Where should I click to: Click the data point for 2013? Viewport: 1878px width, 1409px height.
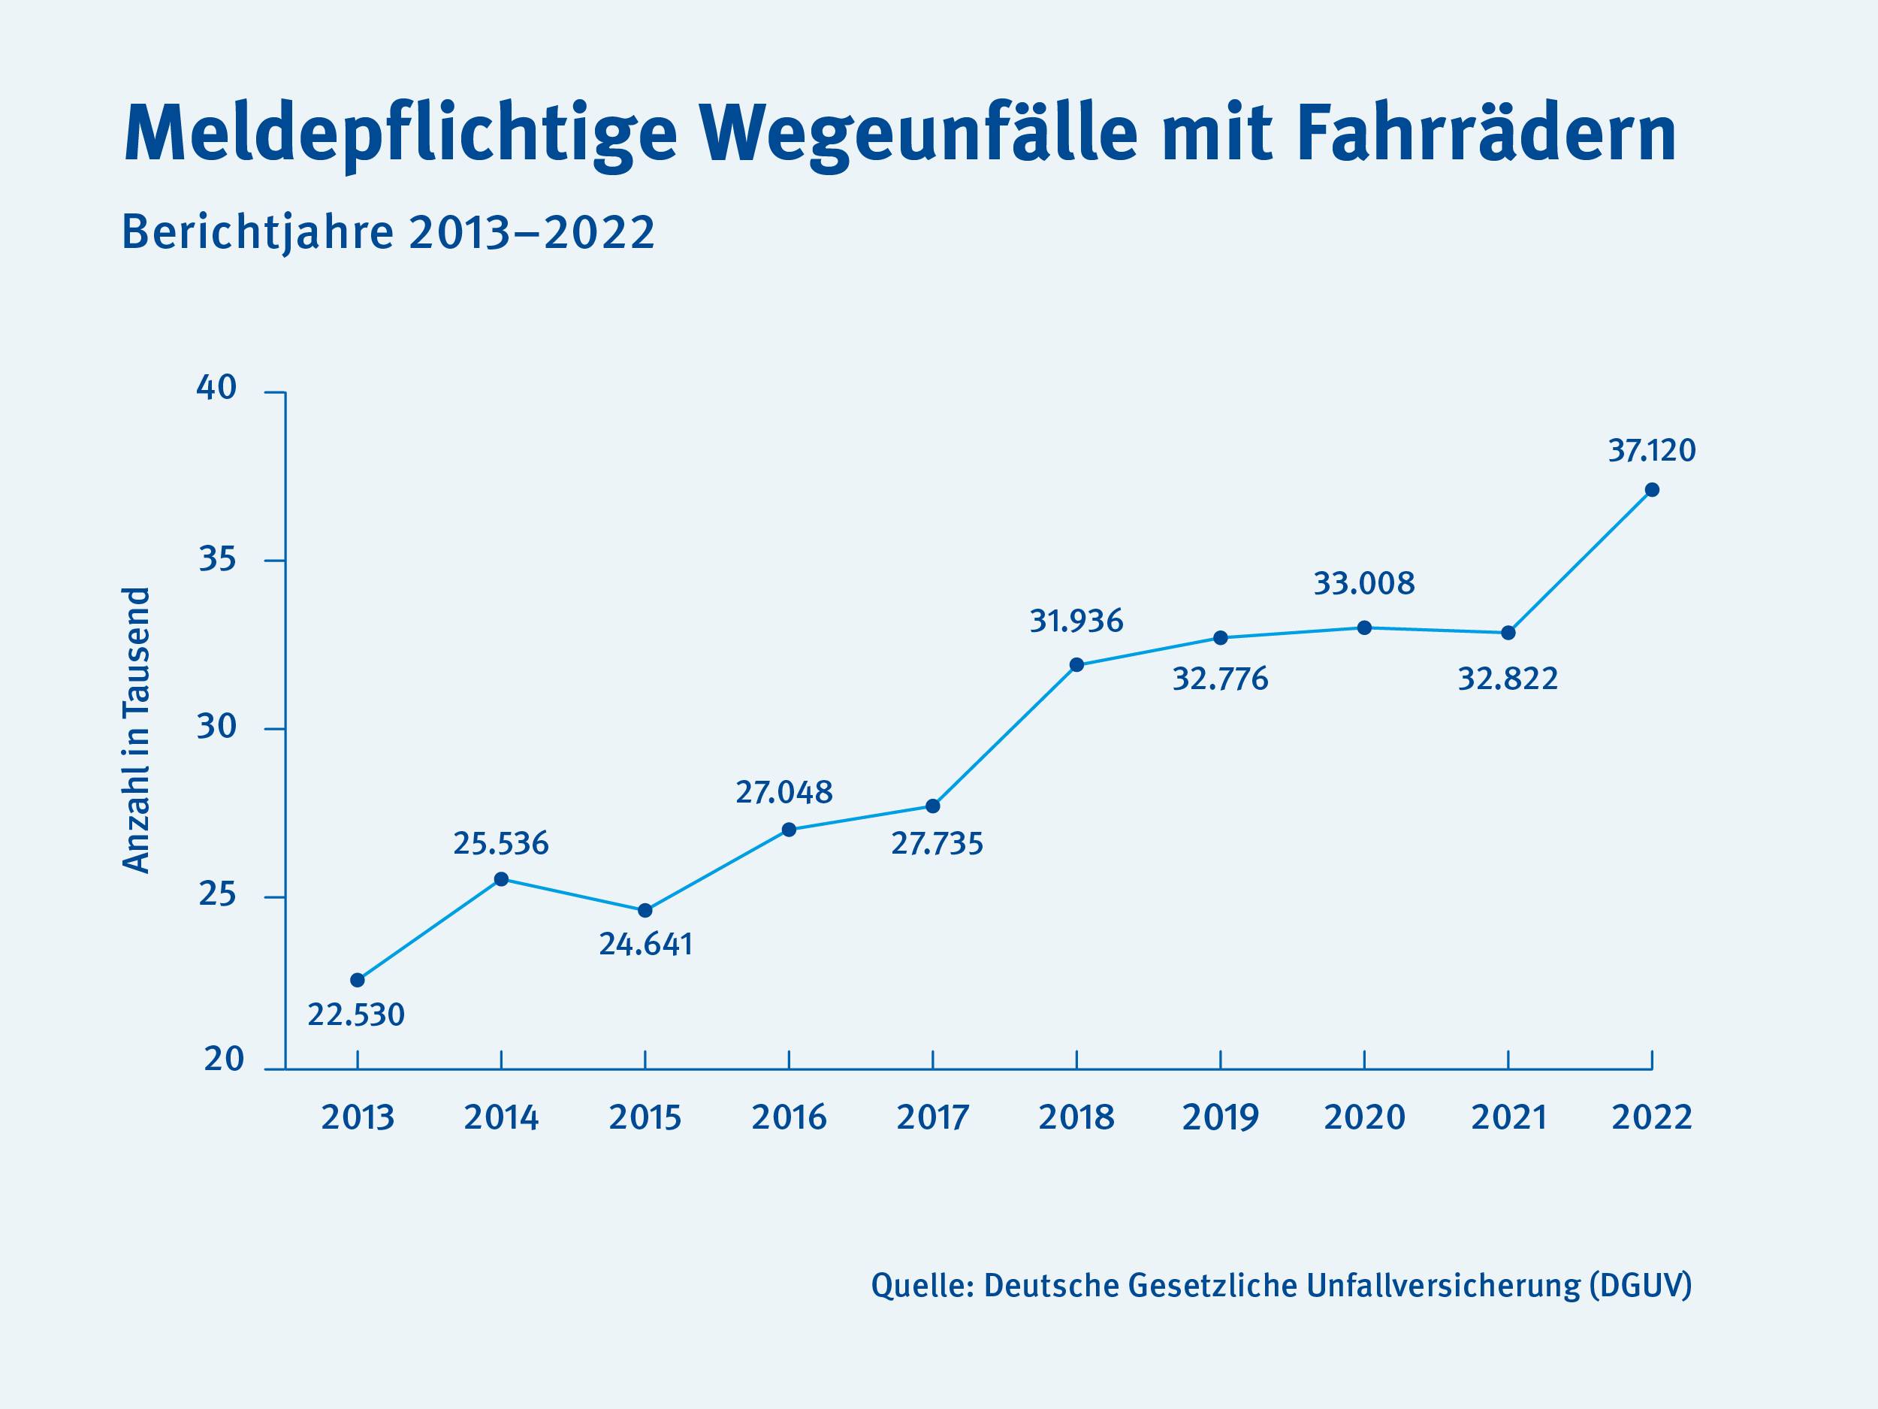tap(358, 980)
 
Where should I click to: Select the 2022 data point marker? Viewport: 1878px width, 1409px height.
tap(1651, 490)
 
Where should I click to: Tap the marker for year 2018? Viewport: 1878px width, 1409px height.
tap(1076, 665)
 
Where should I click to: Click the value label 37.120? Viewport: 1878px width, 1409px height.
tap(1651, 450)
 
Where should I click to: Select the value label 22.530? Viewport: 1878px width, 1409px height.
tap(356, 1015)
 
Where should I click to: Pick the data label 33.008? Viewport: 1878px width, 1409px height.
tap(1364, 583)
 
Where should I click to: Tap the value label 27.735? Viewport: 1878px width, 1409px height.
tap(937, 844)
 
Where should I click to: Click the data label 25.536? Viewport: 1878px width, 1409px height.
tap(501, 843)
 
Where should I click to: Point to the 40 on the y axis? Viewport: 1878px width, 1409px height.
tap(216, 389)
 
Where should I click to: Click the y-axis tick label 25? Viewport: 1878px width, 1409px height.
tap(216, 895)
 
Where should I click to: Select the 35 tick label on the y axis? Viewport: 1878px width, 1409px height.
tap(216, 560)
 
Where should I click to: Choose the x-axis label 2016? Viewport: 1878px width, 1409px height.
tap(789, 1117)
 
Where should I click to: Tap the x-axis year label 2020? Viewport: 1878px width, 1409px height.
tap(1364, 1117)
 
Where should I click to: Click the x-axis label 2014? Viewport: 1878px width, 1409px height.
tap(501, 1117)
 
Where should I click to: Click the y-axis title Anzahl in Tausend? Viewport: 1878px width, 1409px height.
tap(137, 730)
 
